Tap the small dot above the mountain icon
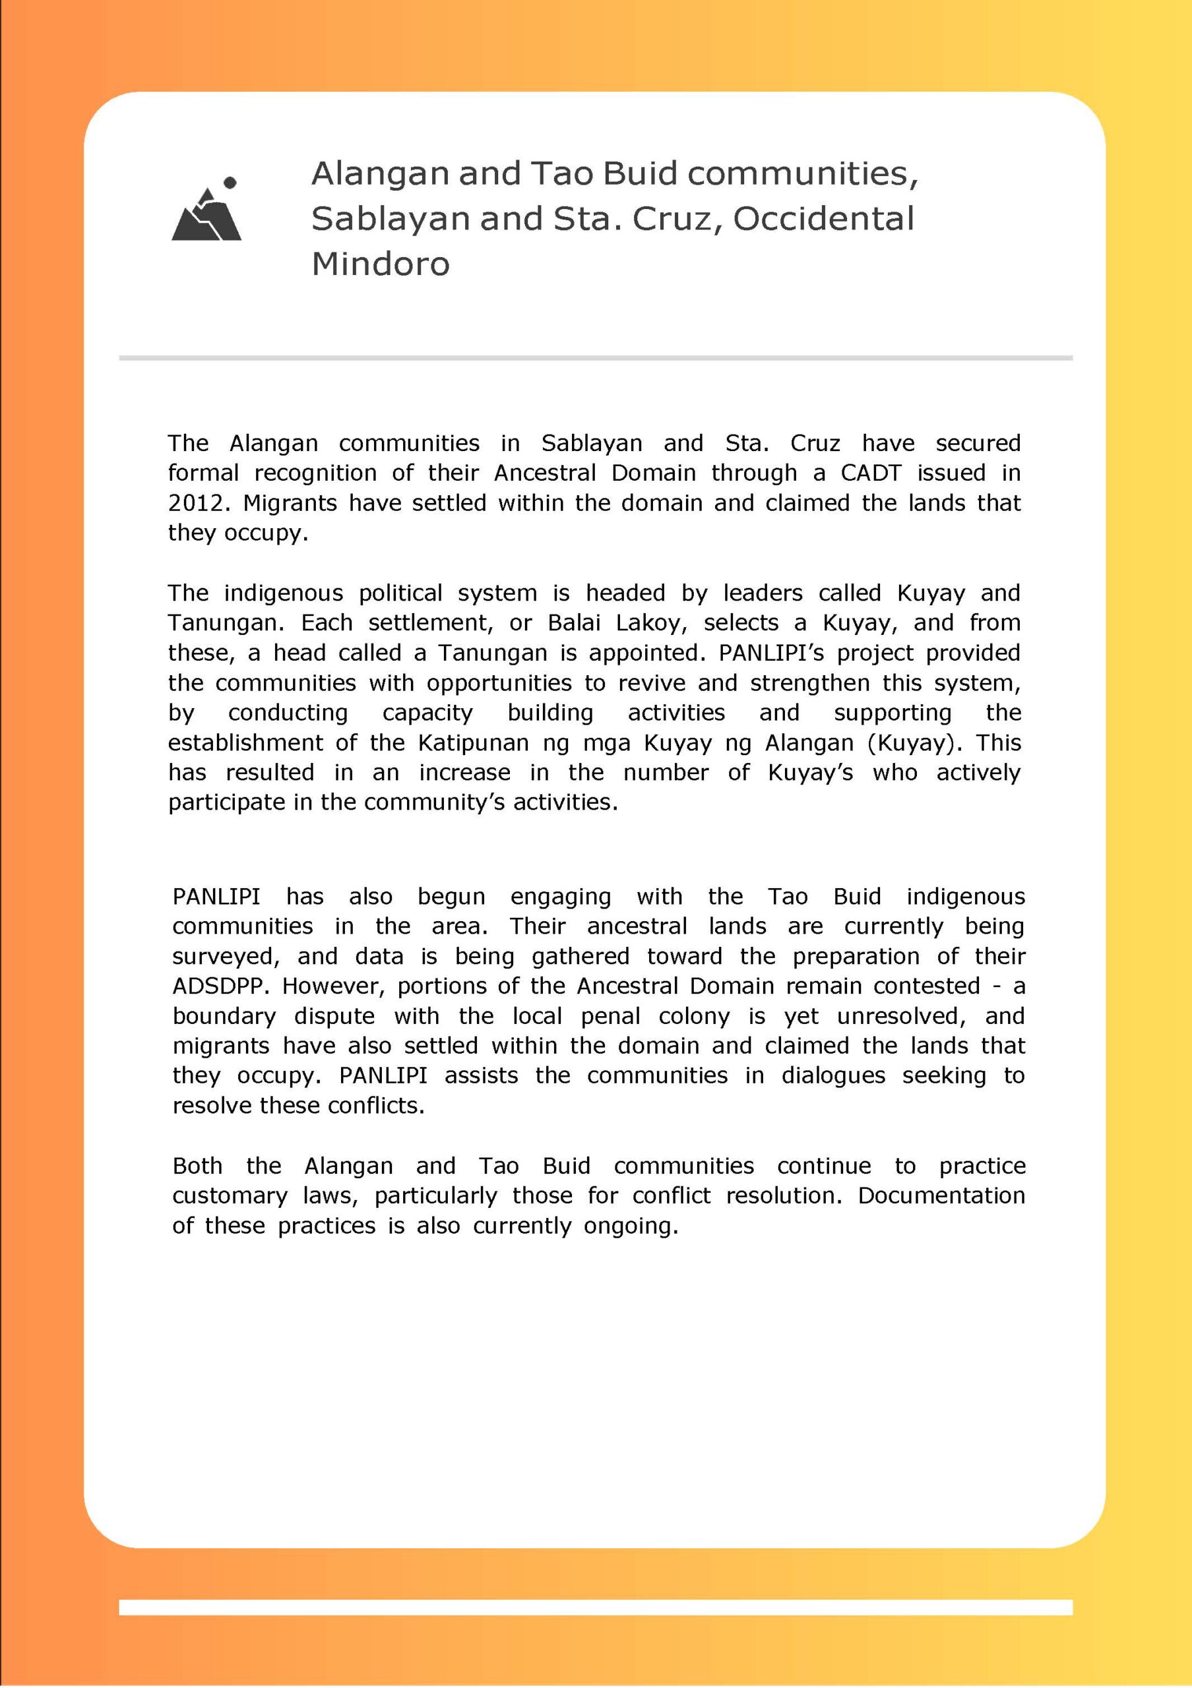230,181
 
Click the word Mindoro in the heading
380,264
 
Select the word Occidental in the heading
824,218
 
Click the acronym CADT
871,473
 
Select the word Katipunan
474,742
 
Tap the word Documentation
941,1195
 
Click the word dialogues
833,1075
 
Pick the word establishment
245,742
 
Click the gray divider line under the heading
596,358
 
